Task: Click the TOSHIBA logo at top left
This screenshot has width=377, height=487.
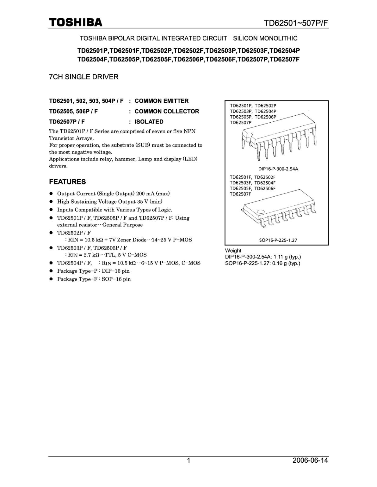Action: click(76, 23)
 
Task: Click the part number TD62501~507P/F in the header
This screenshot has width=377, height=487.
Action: click(296, 23)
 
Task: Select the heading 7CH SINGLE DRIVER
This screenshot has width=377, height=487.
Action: click(84, 77)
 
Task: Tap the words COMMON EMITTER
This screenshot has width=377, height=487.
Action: click(162, 101)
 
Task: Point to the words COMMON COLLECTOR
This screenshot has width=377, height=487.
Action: click(167, 111)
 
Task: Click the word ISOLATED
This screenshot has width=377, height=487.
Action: click(149, 122)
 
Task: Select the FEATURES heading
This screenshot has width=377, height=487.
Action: click(68, 182)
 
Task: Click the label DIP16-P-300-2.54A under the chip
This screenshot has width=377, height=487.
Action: click(278, 169)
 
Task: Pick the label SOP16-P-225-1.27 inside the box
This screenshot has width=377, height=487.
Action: click(278, 240)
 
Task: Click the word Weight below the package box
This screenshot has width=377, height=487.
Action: click(233, 251)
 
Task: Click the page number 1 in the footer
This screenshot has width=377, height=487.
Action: click(189, 461)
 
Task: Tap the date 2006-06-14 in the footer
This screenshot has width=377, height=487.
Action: click(310, 460)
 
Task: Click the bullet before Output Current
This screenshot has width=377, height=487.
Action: click(51, 194)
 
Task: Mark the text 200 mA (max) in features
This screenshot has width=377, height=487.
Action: click(153, 194)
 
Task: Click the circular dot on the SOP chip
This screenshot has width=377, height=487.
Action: click(261, 211)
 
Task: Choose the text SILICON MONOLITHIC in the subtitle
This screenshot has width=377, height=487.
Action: click(265, 38)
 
